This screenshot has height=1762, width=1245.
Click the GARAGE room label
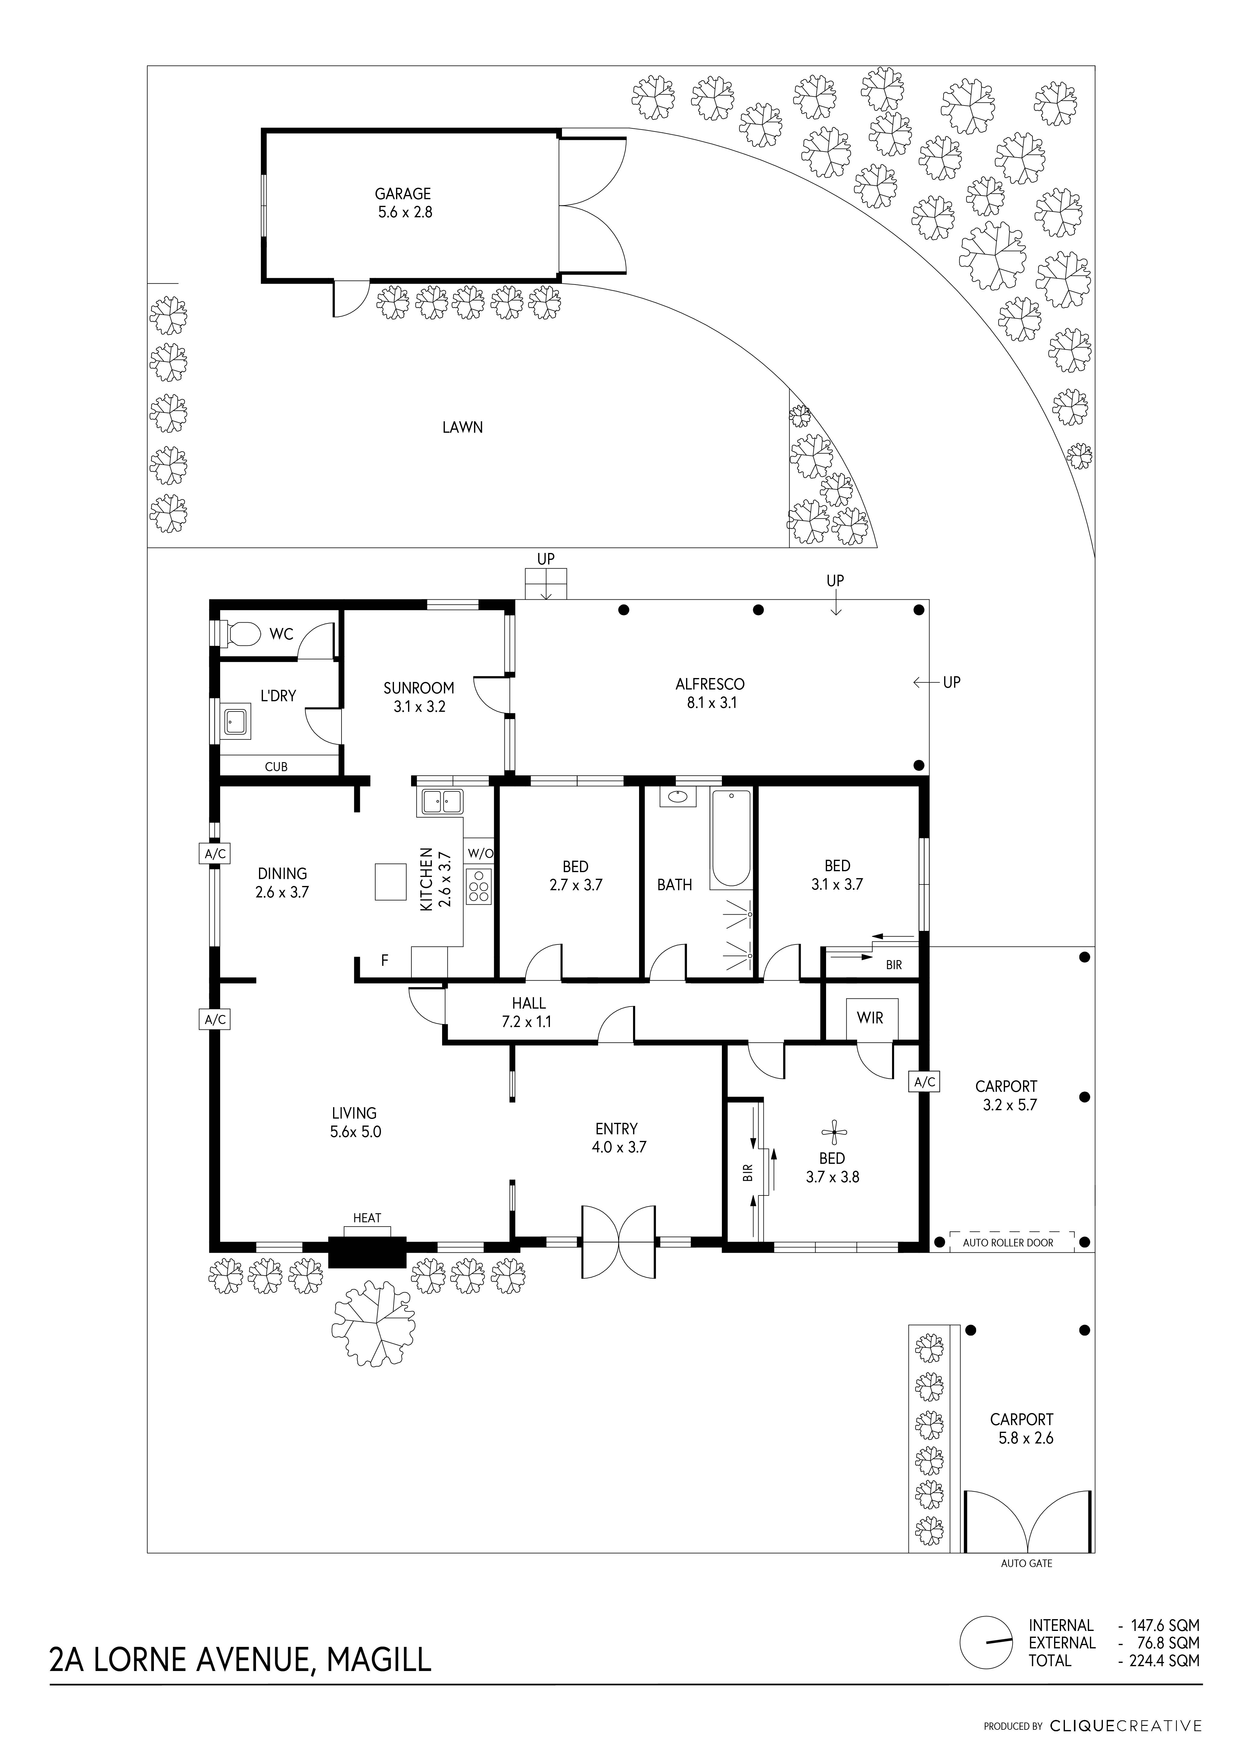[403, 194]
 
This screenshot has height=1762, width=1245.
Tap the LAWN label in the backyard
[463, 427]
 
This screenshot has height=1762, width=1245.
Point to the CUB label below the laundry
[276, 767]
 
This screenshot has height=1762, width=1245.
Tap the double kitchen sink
[440, 802]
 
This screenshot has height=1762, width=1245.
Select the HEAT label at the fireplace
[367, 1218]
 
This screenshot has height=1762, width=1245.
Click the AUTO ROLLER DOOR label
[1008, 1242]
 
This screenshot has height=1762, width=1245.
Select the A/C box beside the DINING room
[215, 853]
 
